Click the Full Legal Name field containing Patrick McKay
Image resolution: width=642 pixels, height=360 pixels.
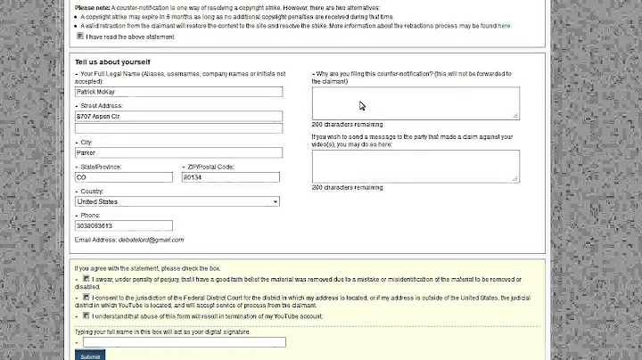(178, 92)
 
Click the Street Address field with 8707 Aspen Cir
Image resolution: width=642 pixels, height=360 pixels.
(178, 116)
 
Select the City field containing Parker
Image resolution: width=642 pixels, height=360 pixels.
(178, 152)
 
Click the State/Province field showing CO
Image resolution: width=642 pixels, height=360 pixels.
(124, 177)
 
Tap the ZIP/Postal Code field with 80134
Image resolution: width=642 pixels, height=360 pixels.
(230, 177)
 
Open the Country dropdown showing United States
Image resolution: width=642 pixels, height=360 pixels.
(178, 201)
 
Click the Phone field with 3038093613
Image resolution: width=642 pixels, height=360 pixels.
(124, 225)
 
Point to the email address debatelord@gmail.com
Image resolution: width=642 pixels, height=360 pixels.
(143, 240)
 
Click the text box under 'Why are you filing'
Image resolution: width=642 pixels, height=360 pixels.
(416, 102)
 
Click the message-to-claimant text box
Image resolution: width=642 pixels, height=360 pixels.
(416, 166)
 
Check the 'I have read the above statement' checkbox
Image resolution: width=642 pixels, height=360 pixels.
(81, 37)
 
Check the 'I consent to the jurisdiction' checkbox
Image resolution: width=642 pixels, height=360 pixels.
(86, 298)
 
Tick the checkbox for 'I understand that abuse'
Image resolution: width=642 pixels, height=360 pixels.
(86, 315)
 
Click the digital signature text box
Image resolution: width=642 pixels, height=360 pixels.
(184, 341)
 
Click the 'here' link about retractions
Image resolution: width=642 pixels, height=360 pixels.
(504, 26)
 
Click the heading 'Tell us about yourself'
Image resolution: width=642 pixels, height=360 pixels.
(112, 61)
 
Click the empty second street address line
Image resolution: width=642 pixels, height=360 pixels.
(178, 128)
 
